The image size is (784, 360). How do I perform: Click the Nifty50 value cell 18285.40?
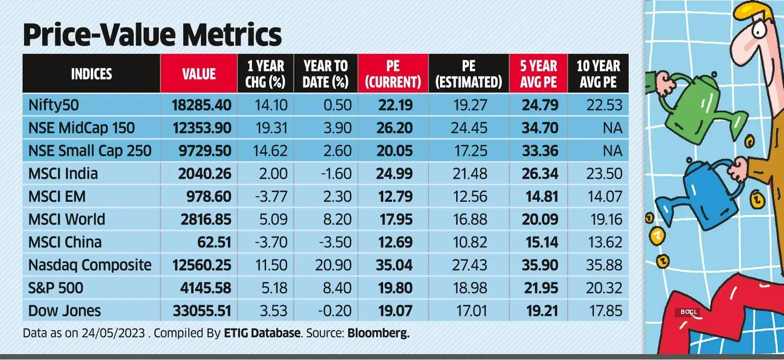click(201, 105)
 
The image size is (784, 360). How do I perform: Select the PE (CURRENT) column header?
click(392, 73)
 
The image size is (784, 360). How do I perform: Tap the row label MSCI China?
click(65, 242)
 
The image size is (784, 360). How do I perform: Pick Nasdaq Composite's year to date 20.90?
click(333, 265)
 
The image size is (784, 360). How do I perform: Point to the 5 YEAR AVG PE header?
click(539, 73)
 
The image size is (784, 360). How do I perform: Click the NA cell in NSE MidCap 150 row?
click(612, 128)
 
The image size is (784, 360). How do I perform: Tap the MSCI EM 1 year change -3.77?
click(271, 196)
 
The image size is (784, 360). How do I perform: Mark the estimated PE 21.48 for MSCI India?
click(470, 173)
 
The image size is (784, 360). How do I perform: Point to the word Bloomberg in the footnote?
click(378, 334)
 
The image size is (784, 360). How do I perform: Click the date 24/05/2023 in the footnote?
click(113, 334)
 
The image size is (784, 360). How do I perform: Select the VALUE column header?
click(199, 74)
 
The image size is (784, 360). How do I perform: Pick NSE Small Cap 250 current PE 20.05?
click(394, 151)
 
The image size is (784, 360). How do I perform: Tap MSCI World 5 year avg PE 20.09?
click(539, 219)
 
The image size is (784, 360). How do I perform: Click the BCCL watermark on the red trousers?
click(688, 312)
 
